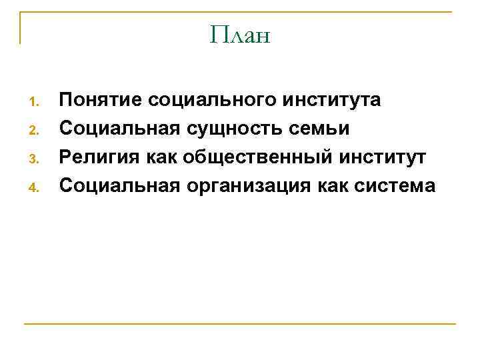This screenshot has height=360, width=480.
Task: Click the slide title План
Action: click(240, 34)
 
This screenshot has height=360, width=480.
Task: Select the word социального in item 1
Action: click(213, 101)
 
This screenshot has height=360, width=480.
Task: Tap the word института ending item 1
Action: click(332, 101)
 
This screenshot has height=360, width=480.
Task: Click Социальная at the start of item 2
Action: click(117, 129)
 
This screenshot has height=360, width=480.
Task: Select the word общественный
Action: click(259, 157)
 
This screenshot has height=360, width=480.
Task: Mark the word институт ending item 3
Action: click(382, 157)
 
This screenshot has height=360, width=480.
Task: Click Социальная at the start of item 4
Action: click(117, 185)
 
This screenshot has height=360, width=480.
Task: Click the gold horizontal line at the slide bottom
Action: click(240, 324)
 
